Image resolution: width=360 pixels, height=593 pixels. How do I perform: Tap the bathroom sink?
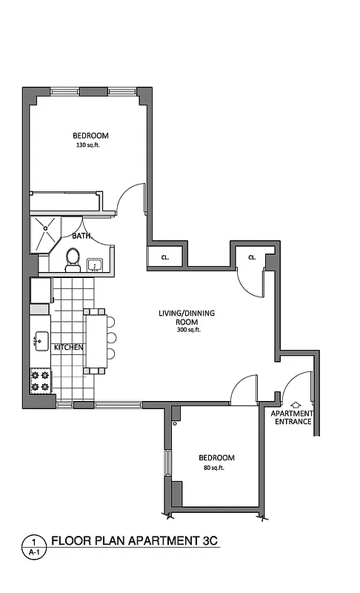tap(95, 265)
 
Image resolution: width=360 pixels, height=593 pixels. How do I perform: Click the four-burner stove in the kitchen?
tap(39, 382)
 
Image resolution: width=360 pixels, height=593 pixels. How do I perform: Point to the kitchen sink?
tap(40, 342)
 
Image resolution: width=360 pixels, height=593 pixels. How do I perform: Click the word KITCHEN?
tap(68, 347)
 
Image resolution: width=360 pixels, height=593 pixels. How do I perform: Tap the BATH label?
tap(81, 236)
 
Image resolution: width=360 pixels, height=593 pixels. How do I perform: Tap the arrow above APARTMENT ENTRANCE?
tap(296, 404)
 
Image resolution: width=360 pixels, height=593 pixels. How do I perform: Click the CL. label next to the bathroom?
tap(164, 257)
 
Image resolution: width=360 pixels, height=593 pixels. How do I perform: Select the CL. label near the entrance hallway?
tap(252, 257)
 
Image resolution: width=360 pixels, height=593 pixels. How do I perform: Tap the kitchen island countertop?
tap(96, 339)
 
